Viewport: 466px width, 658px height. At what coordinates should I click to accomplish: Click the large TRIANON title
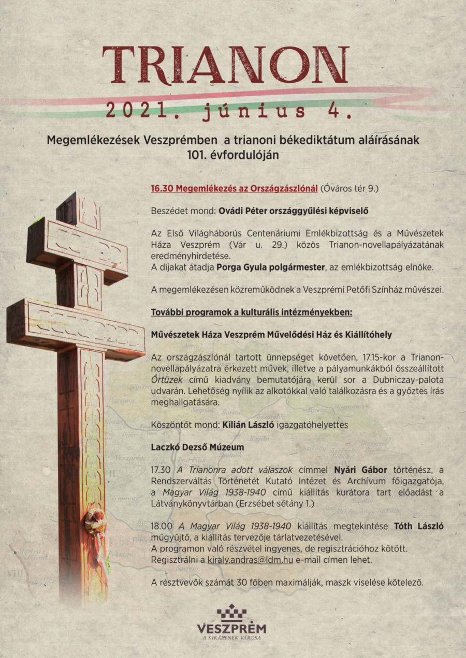(226, 65)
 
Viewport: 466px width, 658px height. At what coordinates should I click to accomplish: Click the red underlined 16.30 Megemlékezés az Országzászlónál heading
(234, 188)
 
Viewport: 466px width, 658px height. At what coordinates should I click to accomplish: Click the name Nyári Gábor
(362, 469)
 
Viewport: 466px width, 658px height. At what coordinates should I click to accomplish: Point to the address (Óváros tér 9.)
(349, 188)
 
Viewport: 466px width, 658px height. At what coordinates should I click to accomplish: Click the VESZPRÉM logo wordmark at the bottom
(231, 629)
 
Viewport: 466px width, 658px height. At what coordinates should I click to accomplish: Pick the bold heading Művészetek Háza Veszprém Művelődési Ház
(271, 335)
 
